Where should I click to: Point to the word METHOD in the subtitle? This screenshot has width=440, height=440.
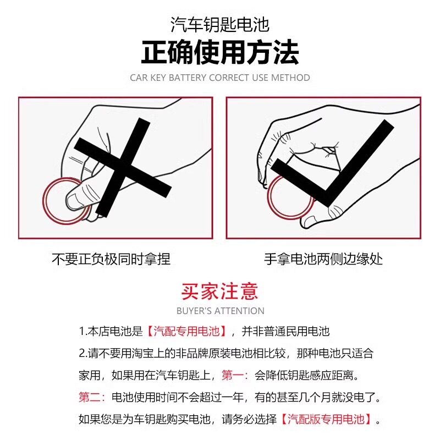[x=291, y=78]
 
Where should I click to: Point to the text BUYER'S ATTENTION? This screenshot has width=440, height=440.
[x=220, y=311]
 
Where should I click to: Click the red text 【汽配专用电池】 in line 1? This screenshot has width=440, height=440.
[x=186, y=332]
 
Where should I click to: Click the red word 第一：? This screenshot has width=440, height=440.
[x=235, y=376]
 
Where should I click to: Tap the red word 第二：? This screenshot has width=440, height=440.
[x=92, y=398]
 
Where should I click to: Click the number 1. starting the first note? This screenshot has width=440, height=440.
[x=82, y=332]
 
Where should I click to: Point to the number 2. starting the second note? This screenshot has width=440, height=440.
[x=82, y=354]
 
